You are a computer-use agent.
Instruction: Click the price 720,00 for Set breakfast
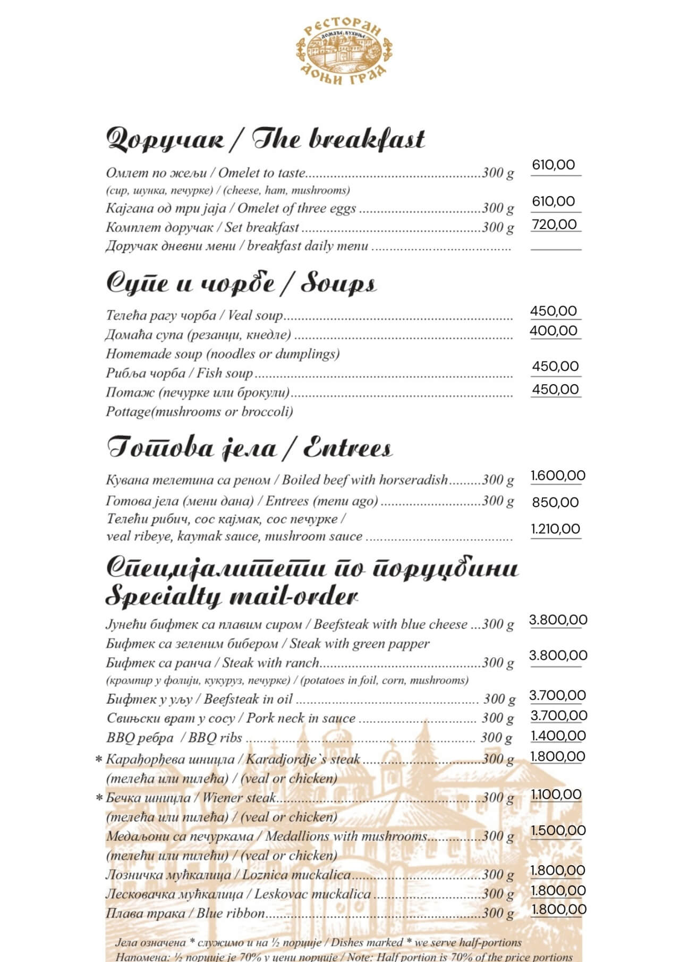555,224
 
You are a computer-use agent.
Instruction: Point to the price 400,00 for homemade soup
554,331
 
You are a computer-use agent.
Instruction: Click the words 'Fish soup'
225,373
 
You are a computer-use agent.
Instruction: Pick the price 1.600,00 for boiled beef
558,476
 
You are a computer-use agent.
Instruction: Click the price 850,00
555,502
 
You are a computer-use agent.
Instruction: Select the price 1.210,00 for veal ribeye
555,529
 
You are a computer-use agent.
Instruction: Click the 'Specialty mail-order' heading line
231,596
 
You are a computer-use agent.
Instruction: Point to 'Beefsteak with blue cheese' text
390,624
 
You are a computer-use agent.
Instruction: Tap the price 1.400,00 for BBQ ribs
558,736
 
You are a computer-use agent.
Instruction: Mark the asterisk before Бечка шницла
99,798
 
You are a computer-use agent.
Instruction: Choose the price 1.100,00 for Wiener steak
556,795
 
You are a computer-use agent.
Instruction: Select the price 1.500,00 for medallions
558,830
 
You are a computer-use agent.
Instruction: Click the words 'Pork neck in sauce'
301,719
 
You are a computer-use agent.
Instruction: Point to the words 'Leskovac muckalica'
312,894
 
